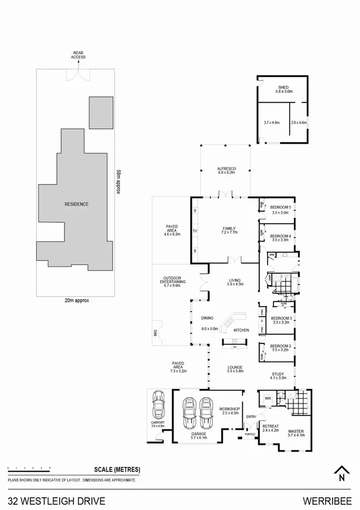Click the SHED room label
[282, 87]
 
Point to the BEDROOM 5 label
[281, 207]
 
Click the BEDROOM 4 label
[281, 236]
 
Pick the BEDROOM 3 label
[281, 318]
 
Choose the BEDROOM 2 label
[281, 346]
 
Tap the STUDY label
[278, 374]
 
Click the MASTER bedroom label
[296, 431]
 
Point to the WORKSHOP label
[229, 408]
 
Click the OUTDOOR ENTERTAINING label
[172, 281]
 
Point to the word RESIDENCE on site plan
[76, 204]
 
